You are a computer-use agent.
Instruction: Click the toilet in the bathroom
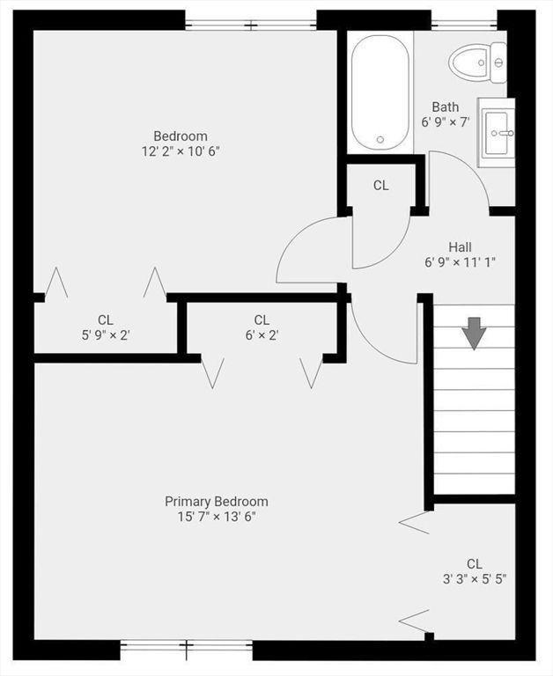point(477,62)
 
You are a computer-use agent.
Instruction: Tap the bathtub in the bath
point(380,92)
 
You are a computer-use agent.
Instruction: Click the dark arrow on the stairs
point(475,334)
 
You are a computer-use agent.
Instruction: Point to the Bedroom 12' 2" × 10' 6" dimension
point(181,151)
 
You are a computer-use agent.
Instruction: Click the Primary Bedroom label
point(217,501)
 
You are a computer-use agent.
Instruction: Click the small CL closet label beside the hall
point(380,185)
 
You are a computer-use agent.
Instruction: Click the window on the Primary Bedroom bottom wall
point(186,650)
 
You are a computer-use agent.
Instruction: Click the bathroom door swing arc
point(462,176)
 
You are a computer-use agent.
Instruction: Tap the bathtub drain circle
point(380,139)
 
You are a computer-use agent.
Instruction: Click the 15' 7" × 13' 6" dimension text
point(217,516)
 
